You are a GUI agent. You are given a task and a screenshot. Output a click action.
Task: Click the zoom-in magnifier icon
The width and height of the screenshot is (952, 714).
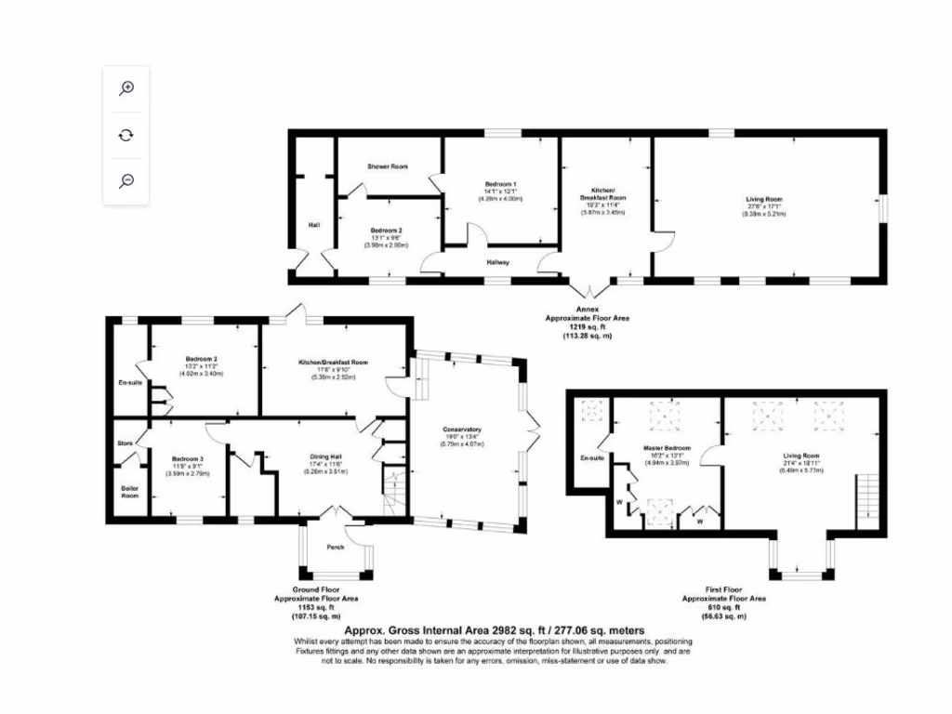(x=127, y=87)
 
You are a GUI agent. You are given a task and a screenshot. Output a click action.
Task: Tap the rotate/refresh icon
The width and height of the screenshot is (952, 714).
(x=127, y=134)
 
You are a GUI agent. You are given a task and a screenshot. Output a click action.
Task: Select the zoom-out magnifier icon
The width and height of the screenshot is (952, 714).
(x=127, y=180)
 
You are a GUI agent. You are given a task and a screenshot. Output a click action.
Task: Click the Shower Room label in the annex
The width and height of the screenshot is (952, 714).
(x=387, y=166)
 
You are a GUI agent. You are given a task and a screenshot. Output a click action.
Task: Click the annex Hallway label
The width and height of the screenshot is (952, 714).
(x=498, y=262)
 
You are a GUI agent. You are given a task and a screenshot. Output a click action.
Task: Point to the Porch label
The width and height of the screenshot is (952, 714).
(x=335, y=547)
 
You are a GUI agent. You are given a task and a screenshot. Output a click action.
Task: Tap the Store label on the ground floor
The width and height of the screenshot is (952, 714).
(x=126, y=443)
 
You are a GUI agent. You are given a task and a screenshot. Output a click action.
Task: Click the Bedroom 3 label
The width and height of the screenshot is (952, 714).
(x=188, y=458)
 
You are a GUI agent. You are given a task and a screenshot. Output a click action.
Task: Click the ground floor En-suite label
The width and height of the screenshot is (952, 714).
(x=129, y=382)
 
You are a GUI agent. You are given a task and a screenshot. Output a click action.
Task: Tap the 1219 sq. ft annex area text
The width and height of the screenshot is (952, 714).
(x=587, y=327)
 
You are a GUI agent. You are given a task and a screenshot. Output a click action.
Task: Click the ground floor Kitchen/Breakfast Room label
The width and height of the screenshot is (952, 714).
(x=333, y=362)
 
